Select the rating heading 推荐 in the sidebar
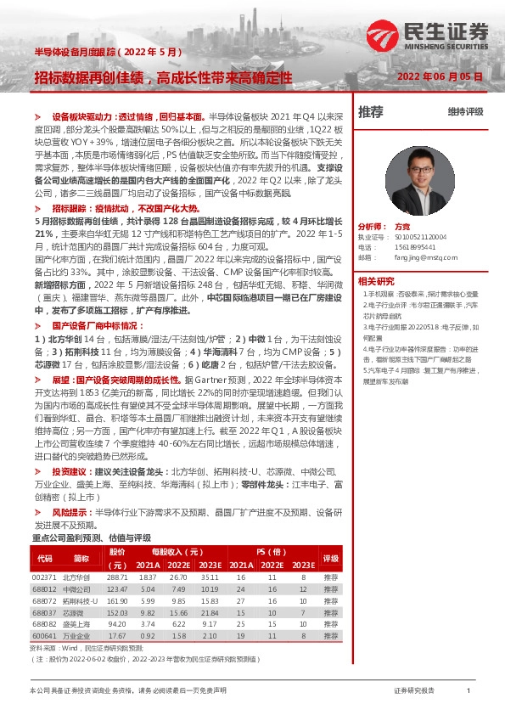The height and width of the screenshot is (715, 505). coord(371,111)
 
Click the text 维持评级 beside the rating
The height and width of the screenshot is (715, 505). coord(465,111)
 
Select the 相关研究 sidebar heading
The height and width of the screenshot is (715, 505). coord(375,281)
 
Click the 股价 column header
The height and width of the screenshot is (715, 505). coord(117,551)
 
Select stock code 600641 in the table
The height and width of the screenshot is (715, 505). coord(45,635)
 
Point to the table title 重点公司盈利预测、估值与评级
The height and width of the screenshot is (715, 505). coord(91,538)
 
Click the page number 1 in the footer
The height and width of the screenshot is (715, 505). coord(469,691)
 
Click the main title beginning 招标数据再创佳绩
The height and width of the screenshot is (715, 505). coord(163,76)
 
